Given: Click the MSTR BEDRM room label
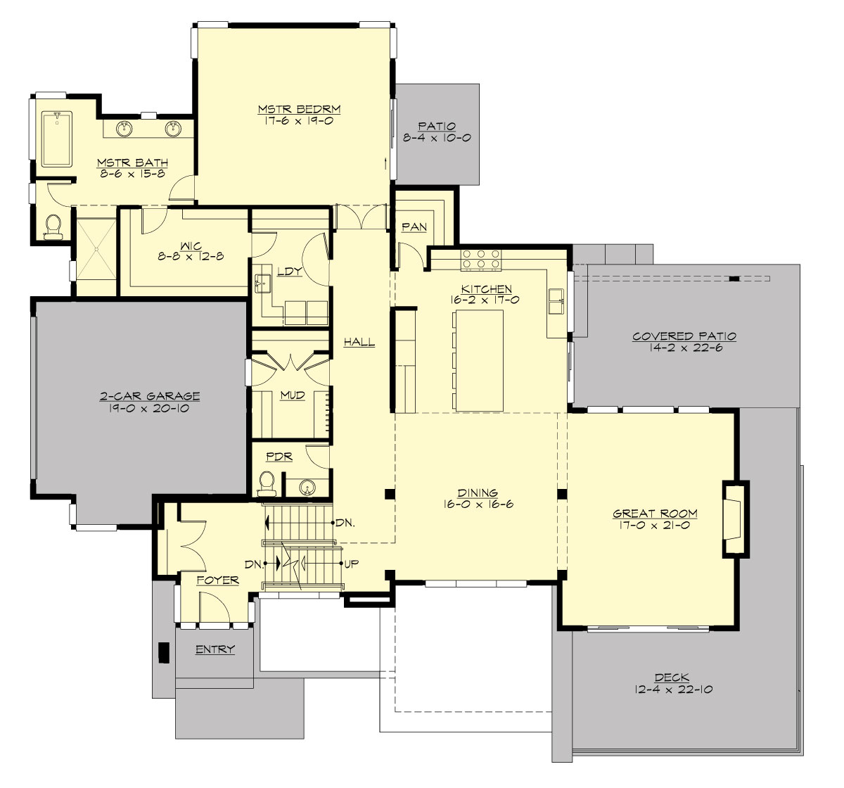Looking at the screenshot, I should pos(299,109).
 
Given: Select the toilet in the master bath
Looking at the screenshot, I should pos(53,225).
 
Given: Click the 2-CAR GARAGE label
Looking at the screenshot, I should pos(149,396).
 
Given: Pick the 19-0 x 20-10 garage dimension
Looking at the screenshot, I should pos(149,408).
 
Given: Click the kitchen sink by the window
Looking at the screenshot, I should pos(557,300).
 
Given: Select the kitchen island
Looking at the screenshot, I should pos(478,360).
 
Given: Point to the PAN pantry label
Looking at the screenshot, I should pos(411,227).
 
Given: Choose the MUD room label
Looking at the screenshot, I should pos(292,395).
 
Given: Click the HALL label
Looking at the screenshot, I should pos(359,343).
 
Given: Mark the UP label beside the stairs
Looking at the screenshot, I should pos(353,564).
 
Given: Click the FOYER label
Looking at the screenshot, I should pos(217,580).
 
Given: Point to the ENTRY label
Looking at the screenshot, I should pos(215,649).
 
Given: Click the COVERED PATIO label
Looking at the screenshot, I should pos(684,336).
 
